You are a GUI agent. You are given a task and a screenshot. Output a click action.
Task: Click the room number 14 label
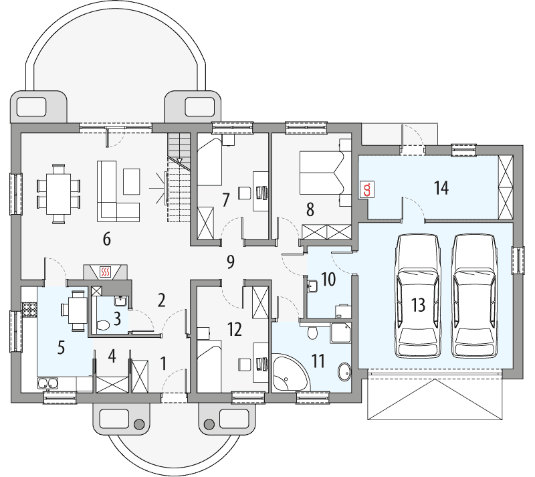pyautogui.click(x=441, y=188)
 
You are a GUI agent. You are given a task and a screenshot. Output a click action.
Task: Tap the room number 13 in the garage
pyautogui.click(x=419, y=306)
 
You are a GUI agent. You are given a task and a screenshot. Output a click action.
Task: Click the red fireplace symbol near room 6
pyautogui.click(x=104, y=272)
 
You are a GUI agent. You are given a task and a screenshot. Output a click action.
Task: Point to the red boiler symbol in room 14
pyautogui.click(x=366, y=189)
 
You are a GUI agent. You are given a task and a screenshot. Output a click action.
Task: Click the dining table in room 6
pyautogui.click(x=58, y=193)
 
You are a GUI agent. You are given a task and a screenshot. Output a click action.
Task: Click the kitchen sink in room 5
pyautogui.click(x=47, y=383)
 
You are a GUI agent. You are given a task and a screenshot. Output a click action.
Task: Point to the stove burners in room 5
pyautogui.click(x=29, y=310)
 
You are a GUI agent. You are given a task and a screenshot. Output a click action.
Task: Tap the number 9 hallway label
pyautogui.click(x=231, y=262)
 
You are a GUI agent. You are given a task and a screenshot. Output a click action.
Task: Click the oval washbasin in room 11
pyautogui.click(x=344, y=371)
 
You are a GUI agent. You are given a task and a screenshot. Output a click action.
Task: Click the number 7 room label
pyautogui.click(x=226, y=199)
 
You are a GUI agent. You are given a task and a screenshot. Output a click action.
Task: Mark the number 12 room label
pyautogui.click(x=233, y=330)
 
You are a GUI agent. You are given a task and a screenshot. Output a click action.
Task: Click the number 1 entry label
pyautogui.click(x=164, y=363)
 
